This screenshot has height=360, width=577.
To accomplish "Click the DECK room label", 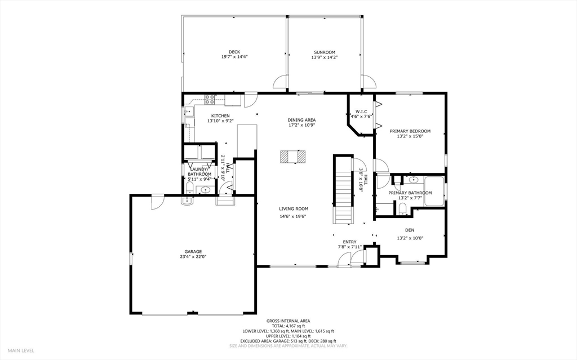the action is [234, 52].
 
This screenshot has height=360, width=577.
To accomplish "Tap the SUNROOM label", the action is [325, 52].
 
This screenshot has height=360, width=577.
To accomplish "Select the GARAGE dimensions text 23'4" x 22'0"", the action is [193, 257].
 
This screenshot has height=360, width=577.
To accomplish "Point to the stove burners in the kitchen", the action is [210, 99].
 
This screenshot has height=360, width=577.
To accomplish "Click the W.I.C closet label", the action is [361, 112].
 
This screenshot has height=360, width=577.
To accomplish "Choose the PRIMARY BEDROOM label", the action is [410, 131].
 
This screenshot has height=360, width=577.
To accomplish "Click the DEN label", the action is [410, 230].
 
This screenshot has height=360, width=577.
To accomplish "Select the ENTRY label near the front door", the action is [349, 242].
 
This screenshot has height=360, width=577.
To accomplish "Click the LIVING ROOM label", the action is [294, 208].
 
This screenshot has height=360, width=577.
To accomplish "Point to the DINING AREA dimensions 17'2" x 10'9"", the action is [302, 125].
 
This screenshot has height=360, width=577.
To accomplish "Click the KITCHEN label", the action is [220, 116].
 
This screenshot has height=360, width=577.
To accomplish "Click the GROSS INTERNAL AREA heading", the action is [288, 321].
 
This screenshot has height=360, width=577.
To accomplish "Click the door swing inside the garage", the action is [158, 202].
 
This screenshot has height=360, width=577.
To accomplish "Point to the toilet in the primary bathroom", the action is [402, 210].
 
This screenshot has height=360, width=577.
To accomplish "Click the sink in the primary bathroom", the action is [414, 180].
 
